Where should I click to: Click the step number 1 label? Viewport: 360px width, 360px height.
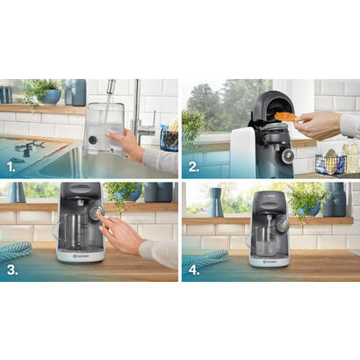(x=12, y=164)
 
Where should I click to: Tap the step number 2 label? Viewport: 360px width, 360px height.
(x=192, y=164)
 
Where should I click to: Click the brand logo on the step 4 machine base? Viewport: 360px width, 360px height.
(x=268, y=259)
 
